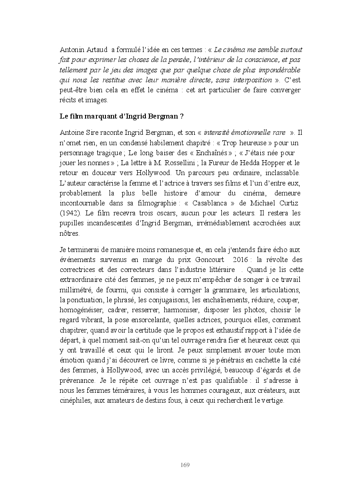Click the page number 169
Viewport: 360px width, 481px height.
pyautogui.click(x=184, y=465)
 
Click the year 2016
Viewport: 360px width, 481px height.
pyautogui.click(x=242, y=260)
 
